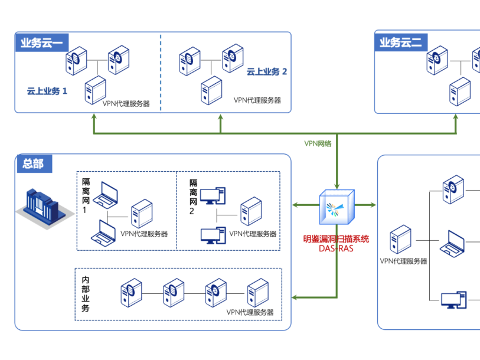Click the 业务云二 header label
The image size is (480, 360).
coord(401,42)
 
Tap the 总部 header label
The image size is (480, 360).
coord(34,163)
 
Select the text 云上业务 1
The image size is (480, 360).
coord(47,91)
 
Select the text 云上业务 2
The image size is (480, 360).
coord(266,71)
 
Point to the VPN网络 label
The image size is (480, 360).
coord(318,143)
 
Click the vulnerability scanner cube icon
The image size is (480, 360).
coord(337,206)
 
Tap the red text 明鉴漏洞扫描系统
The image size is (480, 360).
coord(336,239)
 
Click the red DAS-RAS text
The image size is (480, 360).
coord(336,248)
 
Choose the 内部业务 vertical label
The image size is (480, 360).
coord(86,294)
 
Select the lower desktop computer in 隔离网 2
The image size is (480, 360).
coord(212,235)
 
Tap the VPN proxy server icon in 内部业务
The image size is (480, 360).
coord(258,292)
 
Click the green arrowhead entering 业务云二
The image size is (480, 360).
coord(456,117)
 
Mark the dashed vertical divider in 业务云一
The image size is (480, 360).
coord(161,71)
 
